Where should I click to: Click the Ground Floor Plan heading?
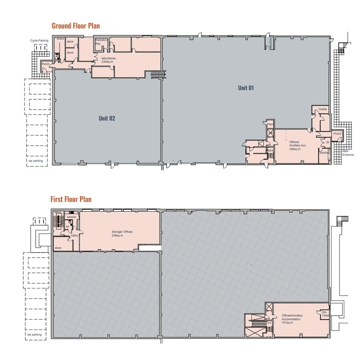(76, 26)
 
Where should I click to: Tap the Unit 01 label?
(246, 88)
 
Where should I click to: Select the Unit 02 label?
(107, 118)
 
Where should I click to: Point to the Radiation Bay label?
(101, 42)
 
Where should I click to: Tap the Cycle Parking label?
(39, 40)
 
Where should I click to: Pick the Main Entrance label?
(348, 153)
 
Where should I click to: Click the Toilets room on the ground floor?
(323, 110)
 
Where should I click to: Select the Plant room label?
(270, 124)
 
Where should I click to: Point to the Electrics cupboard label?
(270, 43)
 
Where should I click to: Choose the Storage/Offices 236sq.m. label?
(122, 234)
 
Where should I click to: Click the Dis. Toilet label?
(324, 314)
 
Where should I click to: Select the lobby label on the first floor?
(74, 236)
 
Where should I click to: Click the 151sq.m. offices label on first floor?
(292, 319)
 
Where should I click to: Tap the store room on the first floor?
(58, 248)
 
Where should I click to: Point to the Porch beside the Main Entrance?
(337, 134)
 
